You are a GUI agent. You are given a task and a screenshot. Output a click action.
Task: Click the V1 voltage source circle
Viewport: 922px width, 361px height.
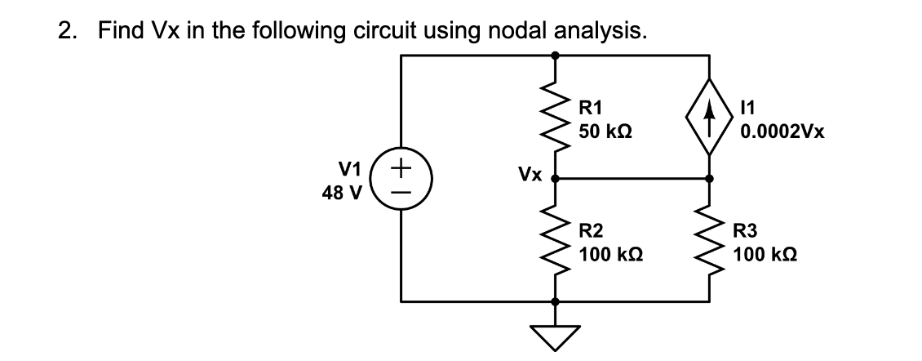click(x=400, y=178)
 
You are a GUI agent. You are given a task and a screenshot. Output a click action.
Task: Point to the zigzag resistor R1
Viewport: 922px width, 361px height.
click(x=556, y=117)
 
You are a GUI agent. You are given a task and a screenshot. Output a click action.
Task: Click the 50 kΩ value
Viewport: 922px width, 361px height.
click(x=606, y=131)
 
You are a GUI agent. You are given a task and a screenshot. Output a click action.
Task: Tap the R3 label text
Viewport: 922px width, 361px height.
click(x=746, y=231)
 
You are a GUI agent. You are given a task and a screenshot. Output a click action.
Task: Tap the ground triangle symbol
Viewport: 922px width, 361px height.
click(x=556, y=335)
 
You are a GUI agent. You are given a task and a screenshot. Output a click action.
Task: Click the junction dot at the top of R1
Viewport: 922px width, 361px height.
click(x=556, y=56)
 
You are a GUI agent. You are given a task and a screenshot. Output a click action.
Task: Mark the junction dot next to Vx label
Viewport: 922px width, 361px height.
click(x=556, y=178)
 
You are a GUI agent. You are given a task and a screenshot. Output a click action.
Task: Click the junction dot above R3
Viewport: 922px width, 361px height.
click(x=708, y=178)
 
